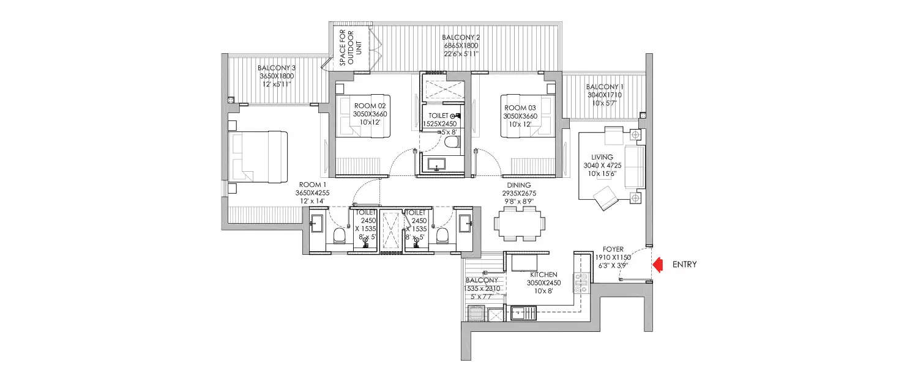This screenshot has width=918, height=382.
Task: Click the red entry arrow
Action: (x=659, y=265)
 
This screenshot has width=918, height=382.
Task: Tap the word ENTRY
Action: (x=684, y=265)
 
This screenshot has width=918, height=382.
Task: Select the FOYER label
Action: (x=613, y=249)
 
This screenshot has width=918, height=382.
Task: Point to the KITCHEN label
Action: (x=543, y=275)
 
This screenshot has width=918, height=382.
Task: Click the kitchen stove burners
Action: (x=580, y=282)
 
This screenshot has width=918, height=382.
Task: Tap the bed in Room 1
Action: (x=258, y=156)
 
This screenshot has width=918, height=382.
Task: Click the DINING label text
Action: (x=518, y=185)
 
